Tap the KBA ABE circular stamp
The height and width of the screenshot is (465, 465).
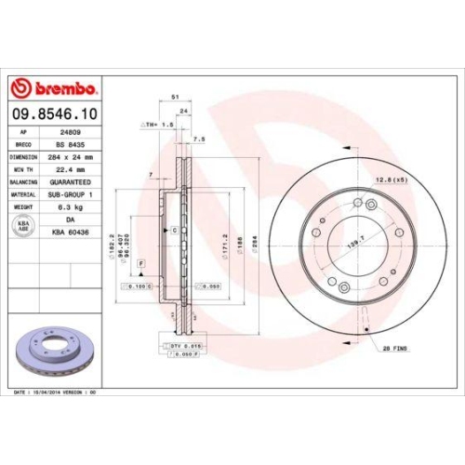tap(22, 225)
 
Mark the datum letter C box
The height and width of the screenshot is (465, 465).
tap(174, 230)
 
